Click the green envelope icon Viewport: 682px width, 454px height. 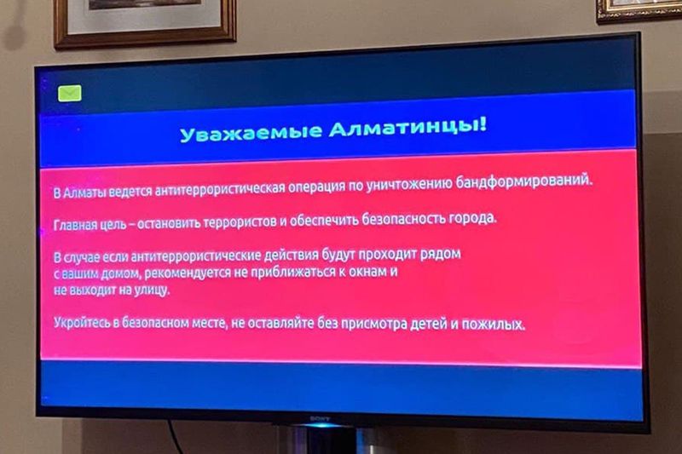70,93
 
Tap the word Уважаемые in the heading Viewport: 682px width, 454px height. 251,133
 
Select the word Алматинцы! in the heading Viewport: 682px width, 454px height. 408,127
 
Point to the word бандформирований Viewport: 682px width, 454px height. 524,181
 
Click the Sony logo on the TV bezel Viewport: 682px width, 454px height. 320,419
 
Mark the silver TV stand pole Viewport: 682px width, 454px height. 323,441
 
